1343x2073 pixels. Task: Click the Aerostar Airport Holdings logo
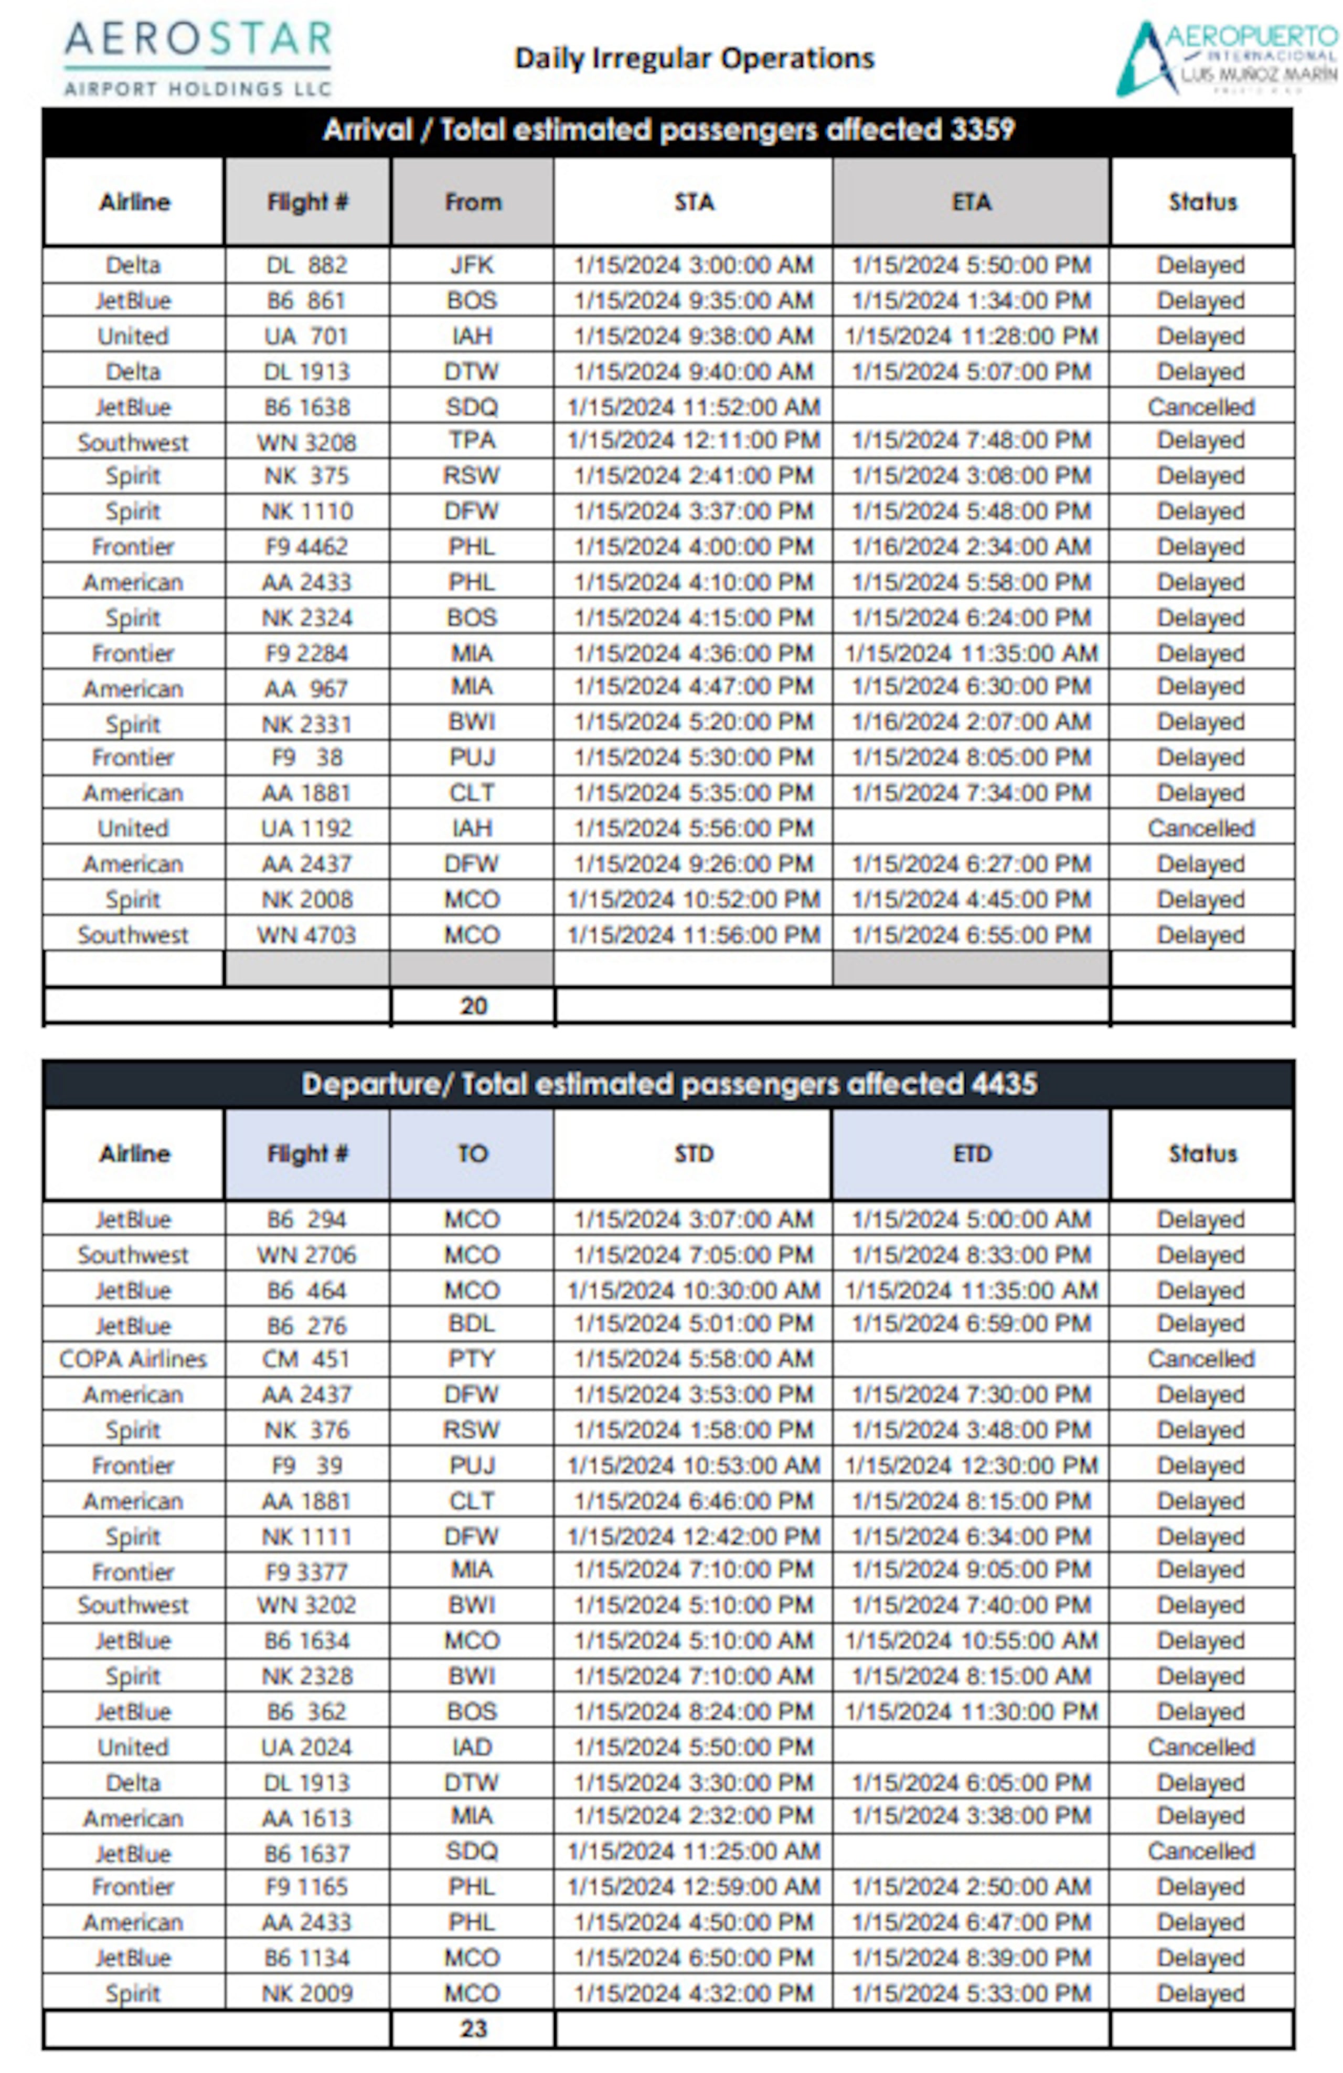pos(198,58)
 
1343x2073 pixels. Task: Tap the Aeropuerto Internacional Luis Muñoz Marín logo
pos(1227,58)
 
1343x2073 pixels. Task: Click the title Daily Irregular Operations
pos(694,58)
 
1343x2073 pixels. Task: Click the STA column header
pos(694,202)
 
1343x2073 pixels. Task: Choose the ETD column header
pos(971,1153)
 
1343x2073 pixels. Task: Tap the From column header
pos(472,202)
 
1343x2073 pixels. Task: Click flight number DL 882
pos(306,265)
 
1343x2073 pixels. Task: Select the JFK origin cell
pos(472,265)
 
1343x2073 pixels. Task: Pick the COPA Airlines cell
pos(133,1359)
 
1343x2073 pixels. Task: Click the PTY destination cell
pos(472,1359)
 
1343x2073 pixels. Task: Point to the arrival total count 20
pos(473,1006)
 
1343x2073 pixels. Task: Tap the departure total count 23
pos(473,2028)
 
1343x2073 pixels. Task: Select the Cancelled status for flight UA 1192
pos(1201,828)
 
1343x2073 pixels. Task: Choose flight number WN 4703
pos(306,935)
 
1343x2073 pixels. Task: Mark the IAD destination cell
pos(472,1746)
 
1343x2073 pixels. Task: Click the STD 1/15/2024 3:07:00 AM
pos(694,1220)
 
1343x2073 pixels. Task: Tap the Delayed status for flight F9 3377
pos(1201,1569)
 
